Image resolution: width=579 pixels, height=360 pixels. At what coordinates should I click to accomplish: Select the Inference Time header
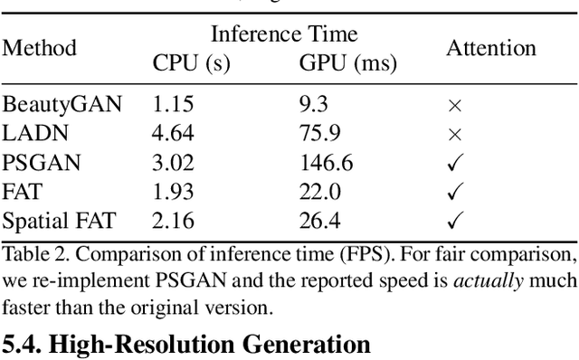284,34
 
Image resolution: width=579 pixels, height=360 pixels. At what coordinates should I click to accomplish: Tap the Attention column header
490,48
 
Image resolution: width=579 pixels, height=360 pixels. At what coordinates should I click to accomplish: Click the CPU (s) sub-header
191,64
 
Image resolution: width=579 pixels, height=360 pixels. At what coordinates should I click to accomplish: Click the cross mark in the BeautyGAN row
455,106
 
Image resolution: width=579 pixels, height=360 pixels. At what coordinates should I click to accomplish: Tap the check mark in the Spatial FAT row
455,219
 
